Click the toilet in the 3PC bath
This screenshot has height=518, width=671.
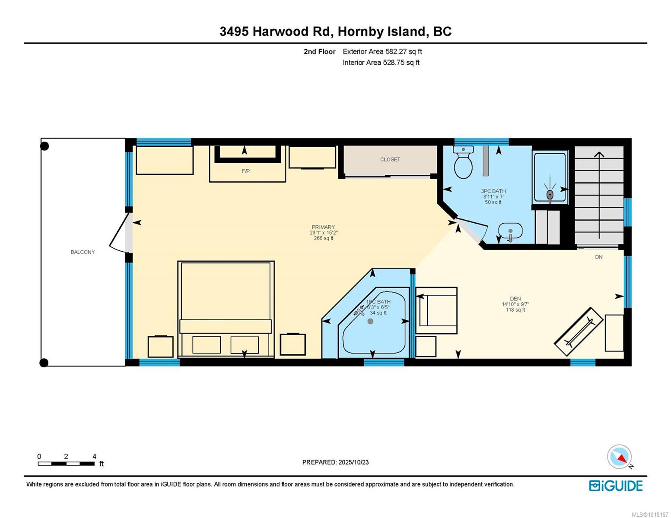[463, 162]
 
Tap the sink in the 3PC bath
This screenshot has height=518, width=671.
[510, 231]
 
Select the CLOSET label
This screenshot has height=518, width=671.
[390, 160]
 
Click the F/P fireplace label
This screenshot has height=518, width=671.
[246, 171]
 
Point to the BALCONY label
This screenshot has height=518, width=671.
[83, 252]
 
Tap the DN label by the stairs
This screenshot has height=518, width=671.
[598, 257]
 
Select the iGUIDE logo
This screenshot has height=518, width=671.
[616, 485]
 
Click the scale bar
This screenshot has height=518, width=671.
[66, 463]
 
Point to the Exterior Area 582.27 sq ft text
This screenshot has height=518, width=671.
[382, 51]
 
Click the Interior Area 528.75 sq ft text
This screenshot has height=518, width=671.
[381, 63]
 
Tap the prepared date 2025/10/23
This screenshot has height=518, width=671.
[353, 462]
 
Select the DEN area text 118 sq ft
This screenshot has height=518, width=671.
[515, 310]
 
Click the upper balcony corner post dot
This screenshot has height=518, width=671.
[45, 146]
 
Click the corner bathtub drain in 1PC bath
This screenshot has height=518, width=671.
[370, 322]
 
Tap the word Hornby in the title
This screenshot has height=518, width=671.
[360, 32]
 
